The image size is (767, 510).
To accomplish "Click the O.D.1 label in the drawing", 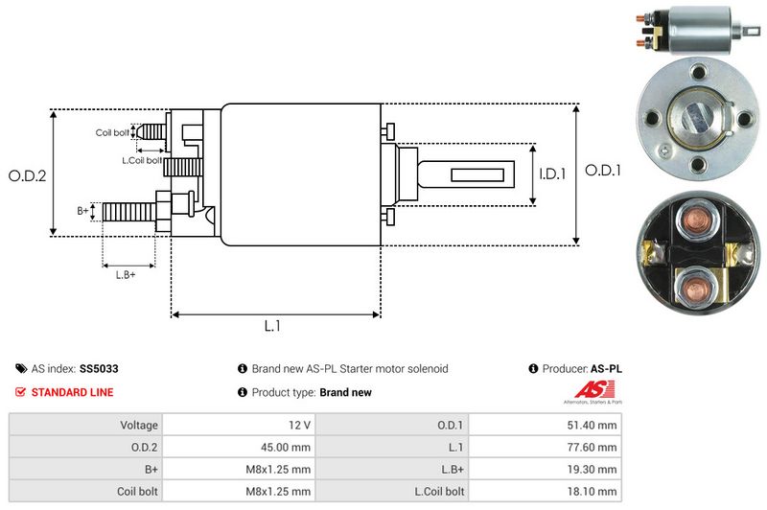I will coord(604,171).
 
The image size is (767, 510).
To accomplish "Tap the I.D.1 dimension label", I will coord(552,174).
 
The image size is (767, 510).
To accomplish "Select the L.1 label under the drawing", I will coord(272,326).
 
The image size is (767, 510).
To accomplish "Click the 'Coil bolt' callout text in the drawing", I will coord(112,132).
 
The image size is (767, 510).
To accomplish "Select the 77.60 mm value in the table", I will coord(595,447).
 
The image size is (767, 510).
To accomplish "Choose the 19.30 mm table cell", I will coord(595,470).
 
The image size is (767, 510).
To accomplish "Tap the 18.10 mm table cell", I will coord(595,492).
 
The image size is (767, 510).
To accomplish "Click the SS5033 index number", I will coord(99,368).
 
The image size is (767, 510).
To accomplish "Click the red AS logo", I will coord(587,389).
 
